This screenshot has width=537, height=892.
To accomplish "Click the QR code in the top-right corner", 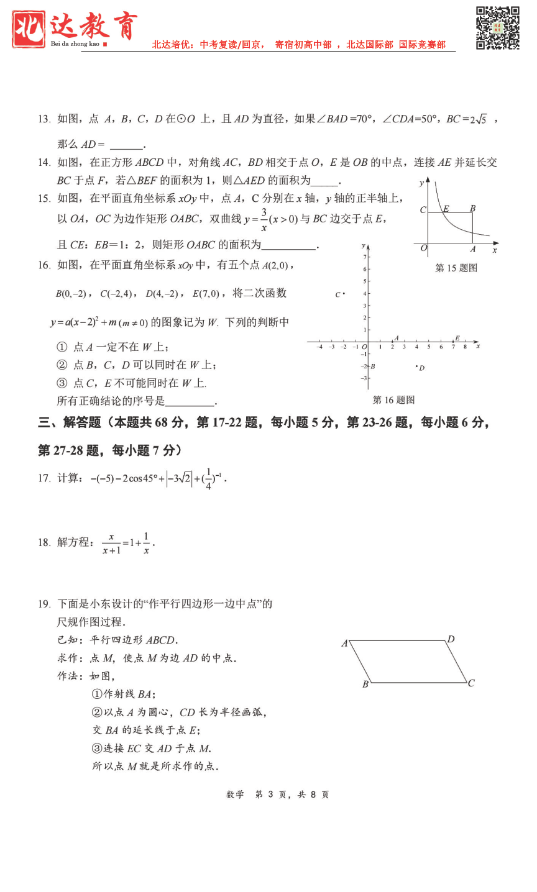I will [497, 28].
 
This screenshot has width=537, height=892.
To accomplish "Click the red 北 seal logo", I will [29, 29].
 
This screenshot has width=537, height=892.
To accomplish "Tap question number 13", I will [44, 119].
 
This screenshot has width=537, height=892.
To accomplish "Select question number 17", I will [44, 478].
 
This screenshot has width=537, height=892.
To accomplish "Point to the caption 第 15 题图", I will [456, 268].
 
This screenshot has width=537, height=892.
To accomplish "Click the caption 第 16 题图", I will [393, 400].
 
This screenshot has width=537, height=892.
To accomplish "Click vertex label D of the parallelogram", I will [451, 639].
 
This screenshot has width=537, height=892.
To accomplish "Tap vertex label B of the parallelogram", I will [365, 685].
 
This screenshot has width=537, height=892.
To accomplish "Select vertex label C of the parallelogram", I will [471, 683].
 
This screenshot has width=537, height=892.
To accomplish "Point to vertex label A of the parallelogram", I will [344, 644].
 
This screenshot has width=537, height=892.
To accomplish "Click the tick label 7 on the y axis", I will [364, 256].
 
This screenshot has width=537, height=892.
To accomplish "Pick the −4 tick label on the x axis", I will [319, 347].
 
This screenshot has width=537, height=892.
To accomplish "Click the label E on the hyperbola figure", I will [446, 209].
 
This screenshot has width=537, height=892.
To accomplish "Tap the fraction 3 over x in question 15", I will [264, 219].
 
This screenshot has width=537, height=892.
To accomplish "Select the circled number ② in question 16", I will [62, 365].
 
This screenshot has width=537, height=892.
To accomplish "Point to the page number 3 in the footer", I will [270, 794].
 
